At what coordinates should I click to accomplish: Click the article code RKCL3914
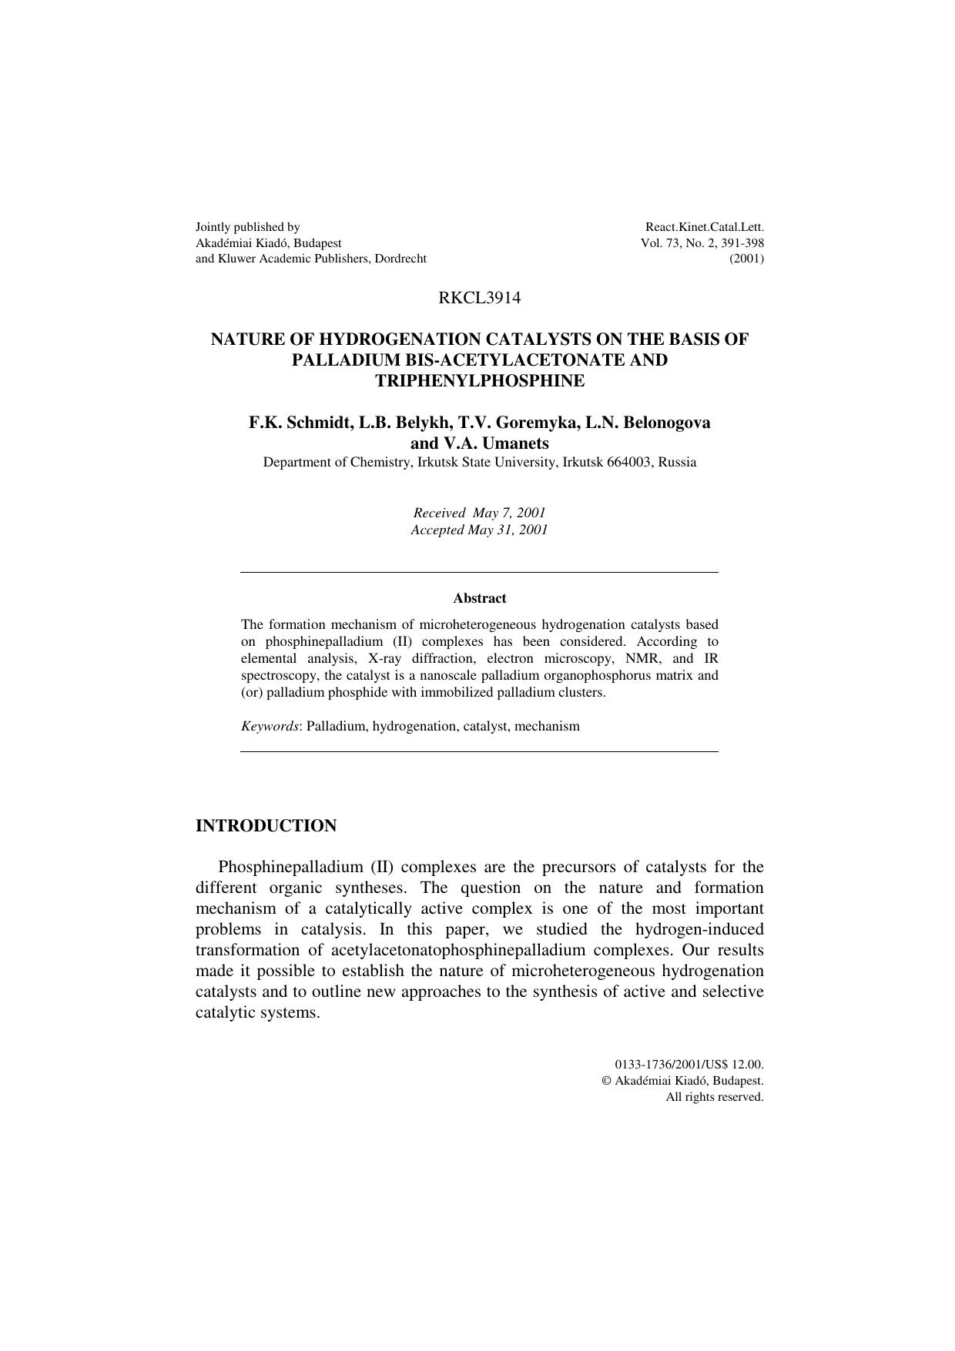pyautogui.click(x=479, y=298)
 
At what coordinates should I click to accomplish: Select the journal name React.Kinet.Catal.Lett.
pyautogui.click(x=704, y=227)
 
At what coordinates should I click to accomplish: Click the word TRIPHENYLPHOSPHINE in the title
pyautogui.click(x=479, y=381)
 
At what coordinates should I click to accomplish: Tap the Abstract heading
pyautogui.click(x=479, y=598)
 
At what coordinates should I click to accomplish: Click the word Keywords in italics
pyautogui.click(x=270, y=726)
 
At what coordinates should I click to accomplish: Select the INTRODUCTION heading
pyautogui.click(x=266, y=826)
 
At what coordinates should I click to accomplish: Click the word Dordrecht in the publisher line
pyautogui.click(x=400, y=259)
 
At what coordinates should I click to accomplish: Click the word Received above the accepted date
pyautogui.click(x=439, y=513)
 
